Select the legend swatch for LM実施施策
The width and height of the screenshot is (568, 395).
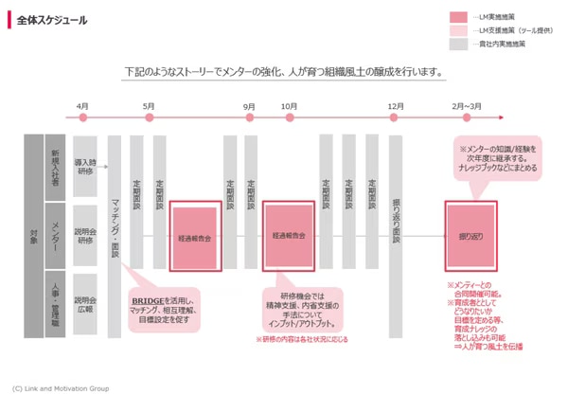(459, 17)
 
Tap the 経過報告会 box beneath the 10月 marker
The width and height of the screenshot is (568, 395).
(288, 235)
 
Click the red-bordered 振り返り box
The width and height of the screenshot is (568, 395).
(470, 235)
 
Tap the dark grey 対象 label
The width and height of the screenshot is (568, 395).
(33, 235)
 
